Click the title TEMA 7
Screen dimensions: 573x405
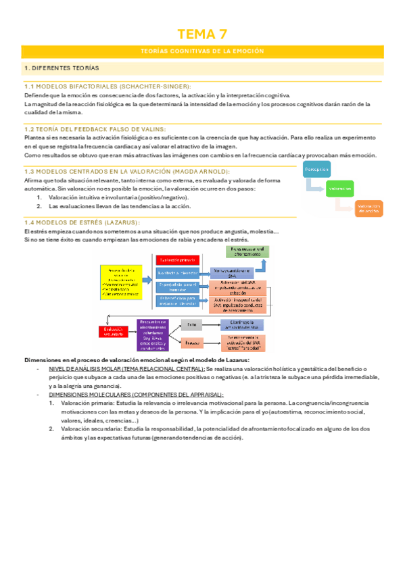[202, 34]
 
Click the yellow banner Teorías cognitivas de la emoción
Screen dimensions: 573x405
[202, 51]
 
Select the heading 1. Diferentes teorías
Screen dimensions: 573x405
[62, 69]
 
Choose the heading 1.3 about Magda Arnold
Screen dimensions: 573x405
[126, 172]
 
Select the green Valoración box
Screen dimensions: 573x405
[341, 189]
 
